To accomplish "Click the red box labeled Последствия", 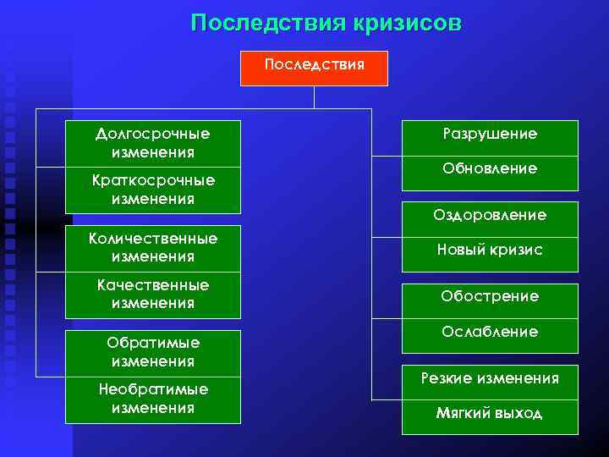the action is tap(314, 68).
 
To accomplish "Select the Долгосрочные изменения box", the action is tap(153, 143).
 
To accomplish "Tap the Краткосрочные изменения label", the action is tap(153, 190).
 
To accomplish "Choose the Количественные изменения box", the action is tap(153, 247).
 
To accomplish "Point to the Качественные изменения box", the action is tap(153, 294).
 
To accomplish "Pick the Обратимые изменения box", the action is tap(153, 351).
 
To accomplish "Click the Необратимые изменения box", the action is tap(153, 398).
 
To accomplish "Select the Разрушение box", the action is tap(490, 135).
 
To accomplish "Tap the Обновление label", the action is tap(490, 169).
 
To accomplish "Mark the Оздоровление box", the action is tap(490, 215).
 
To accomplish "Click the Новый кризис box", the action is tap(490, 250).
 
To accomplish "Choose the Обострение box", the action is tap(490, 296).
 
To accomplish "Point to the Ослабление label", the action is tap(490, 332).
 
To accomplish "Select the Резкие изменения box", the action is tap(490, 378).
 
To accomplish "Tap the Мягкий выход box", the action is tap(490, 414).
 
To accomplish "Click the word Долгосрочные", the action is tap(153, 134).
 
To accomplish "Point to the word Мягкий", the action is tap(462, 414).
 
